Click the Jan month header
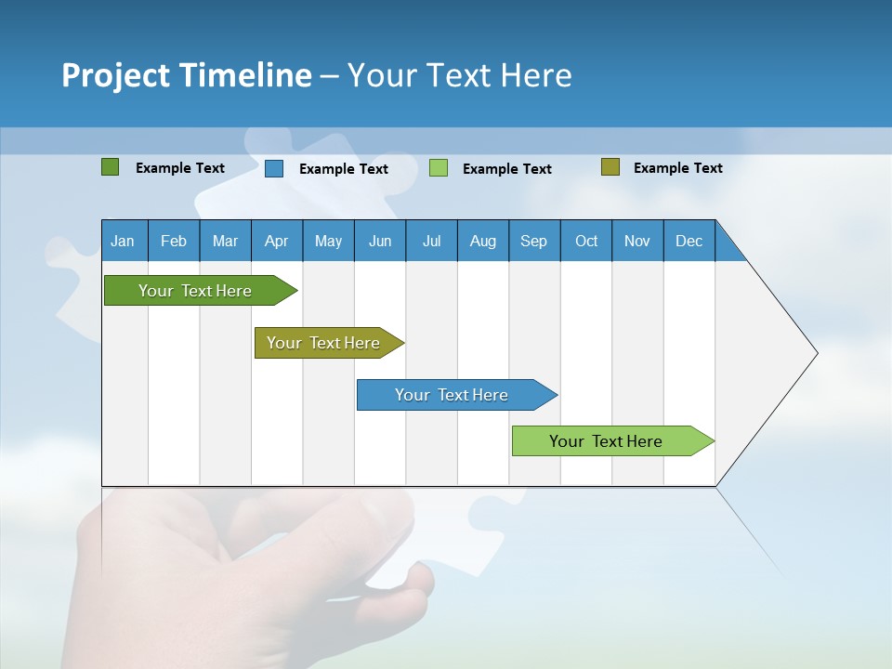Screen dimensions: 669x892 [x=124, y=241]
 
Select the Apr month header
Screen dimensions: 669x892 [x=277, y=241]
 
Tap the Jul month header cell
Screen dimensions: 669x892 [x=431, y=241]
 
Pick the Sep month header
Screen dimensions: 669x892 [x=534, y=241]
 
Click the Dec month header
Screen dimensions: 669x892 [x=689, y=241]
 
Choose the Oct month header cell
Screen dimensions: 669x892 [x=586, y=241]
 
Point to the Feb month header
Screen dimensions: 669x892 [x=174, y=241]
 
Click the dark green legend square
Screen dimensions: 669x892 [x=110, y=167]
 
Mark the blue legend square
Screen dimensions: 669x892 [x=273, y=168]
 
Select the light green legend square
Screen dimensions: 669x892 [x=439, y=168]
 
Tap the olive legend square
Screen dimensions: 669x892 [x=610, y=167]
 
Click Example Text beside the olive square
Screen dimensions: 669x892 [x=677, y=167]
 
